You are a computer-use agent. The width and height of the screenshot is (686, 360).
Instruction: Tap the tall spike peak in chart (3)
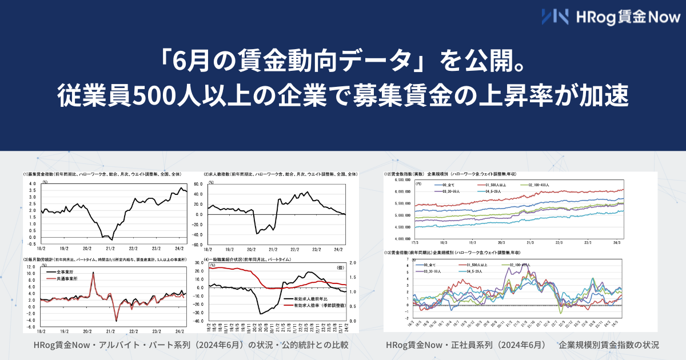(93, 273)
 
